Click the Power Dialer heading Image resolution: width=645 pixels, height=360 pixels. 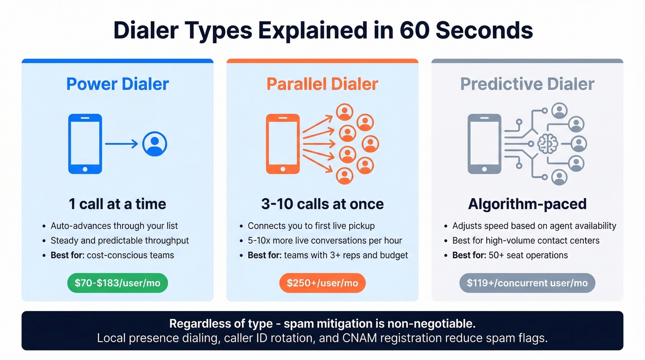[117, 84]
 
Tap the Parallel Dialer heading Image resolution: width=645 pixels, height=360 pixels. [322, 84]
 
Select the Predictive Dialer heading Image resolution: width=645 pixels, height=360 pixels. [527, 84]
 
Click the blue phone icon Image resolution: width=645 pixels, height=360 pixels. [85, 144]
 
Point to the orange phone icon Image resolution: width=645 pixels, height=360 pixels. [283, 144]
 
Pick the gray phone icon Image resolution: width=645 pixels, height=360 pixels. [484, 144]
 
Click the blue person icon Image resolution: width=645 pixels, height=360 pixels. [154, 144]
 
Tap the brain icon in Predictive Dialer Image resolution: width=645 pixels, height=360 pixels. [547, 144]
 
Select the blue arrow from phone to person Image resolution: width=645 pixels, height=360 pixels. [121, 144]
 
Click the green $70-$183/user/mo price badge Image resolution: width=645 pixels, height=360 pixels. [117, 283]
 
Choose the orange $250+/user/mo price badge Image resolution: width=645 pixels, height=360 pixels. [322, 283]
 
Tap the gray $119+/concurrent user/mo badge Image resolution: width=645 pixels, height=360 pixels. [527, 283]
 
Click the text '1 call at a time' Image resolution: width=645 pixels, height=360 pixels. [117, 204]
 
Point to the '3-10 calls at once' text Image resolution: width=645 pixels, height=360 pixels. [322, 204]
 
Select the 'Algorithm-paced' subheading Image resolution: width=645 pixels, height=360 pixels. [527, 204]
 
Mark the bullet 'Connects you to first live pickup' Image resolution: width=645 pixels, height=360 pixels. [311, 226]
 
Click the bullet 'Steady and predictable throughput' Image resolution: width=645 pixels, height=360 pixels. [119, 241]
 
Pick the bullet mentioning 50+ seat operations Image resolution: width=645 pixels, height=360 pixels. [510, 255]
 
